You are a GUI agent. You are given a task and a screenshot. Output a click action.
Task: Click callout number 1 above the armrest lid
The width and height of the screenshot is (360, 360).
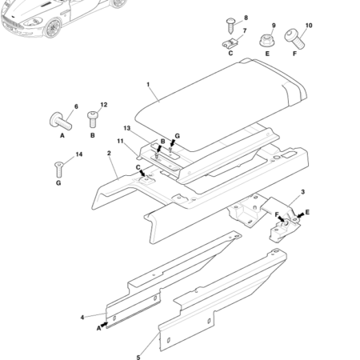click(148, 83)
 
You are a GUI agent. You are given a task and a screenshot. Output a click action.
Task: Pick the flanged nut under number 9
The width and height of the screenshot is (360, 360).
click(267, 39)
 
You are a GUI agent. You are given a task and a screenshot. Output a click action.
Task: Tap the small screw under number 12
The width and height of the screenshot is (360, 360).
click(92, 119)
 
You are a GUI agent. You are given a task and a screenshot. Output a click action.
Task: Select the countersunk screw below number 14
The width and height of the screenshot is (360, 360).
click(59, 167)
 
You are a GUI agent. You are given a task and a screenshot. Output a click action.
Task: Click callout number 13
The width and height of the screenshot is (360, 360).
click(126, 128)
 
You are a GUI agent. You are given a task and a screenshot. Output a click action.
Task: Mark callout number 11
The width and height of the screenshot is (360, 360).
click(120, 142)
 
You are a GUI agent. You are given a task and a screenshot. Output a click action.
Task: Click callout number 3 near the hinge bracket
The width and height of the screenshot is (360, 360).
click(302, 192)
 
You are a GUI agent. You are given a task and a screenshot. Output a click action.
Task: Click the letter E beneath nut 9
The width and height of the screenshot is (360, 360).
click(267, 54)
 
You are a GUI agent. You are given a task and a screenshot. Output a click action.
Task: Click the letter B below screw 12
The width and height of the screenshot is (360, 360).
click(92, 135)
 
